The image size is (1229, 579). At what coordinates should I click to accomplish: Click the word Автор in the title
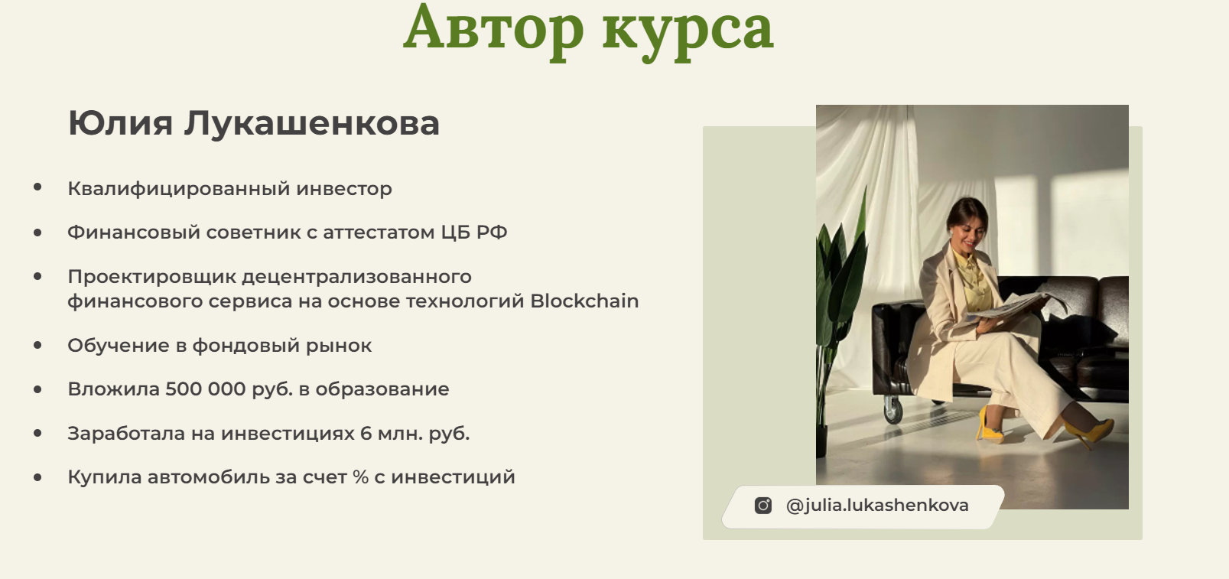[x=493, y=28]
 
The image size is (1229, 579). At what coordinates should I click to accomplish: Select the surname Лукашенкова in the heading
[x=311, y=123]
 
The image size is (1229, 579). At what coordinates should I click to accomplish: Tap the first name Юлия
[x=120, y=123]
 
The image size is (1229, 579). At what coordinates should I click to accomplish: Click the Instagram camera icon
[x=762, y=506]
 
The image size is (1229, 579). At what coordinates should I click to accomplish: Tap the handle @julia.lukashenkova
[x=877, y=505]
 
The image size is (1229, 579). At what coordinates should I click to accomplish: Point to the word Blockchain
[x=584, y=301]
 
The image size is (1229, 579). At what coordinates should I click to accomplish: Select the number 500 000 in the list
[x=205, y=389]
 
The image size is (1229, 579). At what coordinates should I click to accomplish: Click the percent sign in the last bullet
[x=361, y=477]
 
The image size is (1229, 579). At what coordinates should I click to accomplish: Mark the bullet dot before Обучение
[x=37, y=345]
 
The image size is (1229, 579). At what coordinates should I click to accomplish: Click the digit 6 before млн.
[x=366, y=433]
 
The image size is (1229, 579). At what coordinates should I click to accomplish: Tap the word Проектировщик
[x=151, y=277]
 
